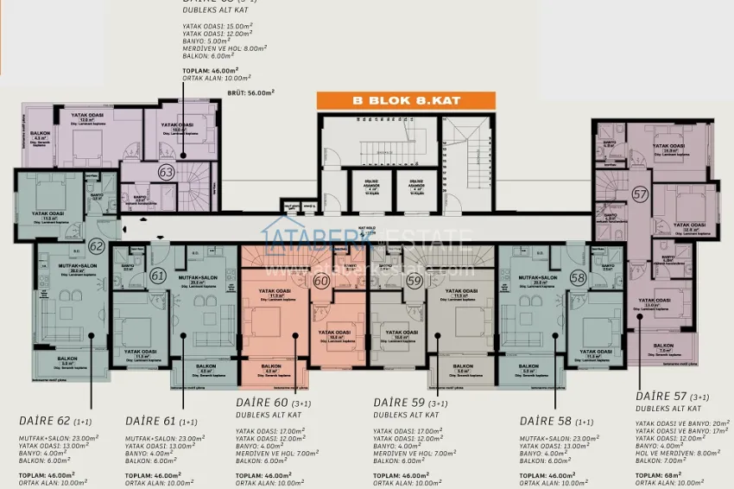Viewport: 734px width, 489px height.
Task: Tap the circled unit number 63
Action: click(x=166, y=173)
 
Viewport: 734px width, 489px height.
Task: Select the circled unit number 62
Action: click(x=96, y=246)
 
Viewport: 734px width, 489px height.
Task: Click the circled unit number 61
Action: click(x=158, y=276)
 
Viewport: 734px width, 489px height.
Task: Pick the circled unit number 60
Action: click(x=322, y=280)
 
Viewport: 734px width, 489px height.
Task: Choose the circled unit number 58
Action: click(x=578, y=277)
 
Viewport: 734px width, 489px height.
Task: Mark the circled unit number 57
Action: click(x=640, y=195)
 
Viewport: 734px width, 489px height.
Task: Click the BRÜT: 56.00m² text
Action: click(x=248, y=92)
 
